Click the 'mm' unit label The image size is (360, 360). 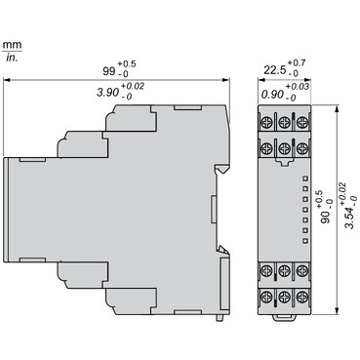(12, 45)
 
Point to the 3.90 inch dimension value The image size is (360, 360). (106, 94)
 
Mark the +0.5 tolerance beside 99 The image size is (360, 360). (135, 63)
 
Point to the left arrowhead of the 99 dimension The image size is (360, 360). (9, 82)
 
